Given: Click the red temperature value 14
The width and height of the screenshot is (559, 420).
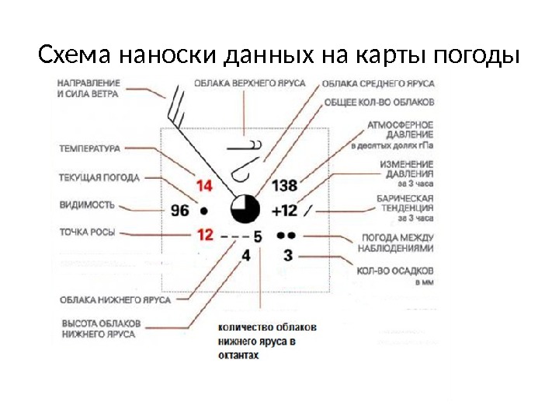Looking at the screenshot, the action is coord(204,186).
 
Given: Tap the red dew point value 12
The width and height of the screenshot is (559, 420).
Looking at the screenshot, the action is coord(204,233).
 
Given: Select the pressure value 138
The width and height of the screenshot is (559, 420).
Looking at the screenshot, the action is coord(285,186).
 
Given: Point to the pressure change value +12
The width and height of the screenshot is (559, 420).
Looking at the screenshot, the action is coord(284,210).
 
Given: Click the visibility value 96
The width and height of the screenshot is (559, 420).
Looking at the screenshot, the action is coord(179,210).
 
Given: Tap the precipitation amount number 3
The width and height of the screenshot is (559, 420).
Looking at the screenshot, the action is coord(287,254).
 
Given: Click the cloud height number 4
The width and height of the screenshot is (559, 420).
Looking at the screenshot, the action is coord(247,254).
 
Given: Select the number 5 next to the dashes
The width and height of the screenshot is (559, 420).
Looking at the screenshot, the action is coord(258,236).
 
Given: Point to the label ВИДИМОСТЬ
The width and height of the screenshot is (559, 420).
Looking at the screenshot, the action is coord(87,205).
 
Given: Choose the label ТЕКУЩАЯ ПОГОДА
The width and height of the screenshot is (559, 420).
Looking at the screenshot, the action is coord(99,177).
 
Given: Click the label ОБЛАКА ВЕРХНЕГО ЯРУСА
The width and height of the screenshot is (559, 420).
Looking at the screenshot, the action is coord(249,82).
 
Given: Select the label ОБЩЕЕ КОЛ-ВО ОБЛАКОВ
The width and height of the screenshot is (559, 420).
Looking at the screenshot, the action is coord(379,102).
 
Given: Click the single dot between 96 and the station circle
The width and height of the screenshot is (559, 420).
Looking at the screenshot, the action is coord(204,210).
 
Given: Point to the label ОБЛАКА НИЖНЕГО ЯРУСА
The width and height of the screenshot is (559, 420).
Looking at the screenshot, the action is coord(116,299).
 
